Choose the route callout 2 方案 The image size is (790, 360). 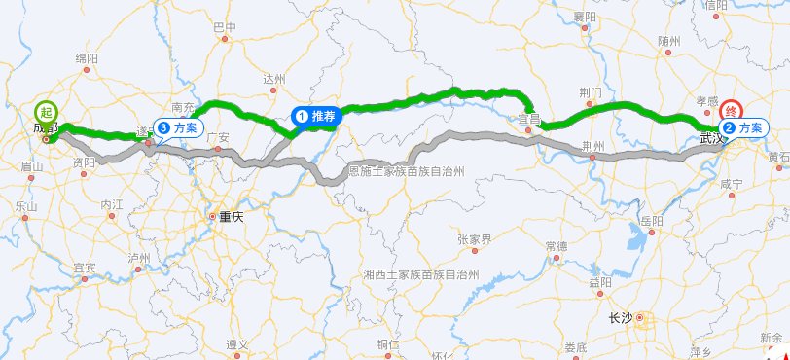741,127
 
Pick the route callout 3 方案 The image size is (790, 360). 178,127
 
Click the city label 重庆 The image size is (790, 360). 231,217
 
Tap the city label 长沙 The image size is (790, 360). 620,317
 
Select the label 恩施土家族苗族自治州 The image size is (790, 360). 407,171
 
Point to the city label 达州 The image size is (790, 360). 274,80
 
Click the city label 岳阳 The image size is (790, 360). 652,222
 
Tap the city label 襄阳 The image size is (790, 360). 585,17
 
